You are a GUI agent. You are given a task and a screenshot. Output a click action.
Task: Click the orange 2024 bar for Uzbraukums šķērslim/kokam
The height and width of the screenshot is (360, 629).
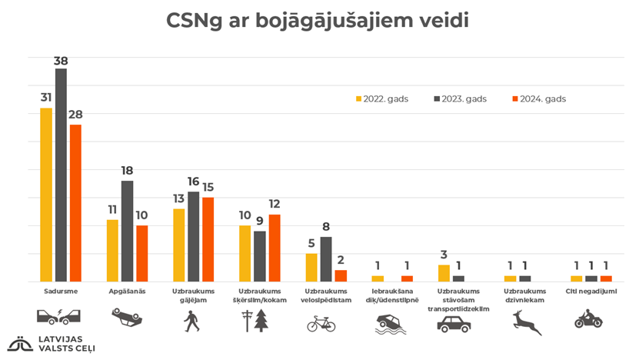point(275,248)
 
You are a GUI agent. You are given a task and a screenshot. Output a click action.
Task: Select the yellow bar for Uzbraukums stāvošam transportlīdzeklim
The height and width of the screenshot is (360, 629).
point(444,273)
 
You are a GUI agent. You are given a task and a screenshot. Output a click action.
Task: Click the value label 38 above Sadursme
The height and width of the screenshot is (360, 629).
point(61,58)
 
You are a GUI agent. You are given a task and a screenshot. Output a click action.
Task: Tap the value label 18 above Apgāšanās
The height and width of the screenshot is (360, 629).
point(127,171)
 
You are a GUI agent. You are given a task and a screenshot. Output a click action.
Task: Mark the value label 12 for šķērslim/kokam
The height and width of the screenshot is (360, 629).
point(275,204)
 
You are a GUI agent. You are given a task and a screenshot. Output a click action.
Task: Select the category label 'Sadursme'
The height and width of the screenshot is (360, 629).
point(59,292)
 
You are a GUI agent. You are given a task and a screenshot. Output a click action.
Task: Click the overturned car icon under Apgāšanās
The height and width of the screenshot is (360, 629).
point(126,318)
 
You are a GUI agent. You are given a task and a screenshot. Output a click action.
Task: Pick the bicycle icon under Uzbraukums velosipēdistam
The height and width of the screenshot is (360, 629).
point(321,324)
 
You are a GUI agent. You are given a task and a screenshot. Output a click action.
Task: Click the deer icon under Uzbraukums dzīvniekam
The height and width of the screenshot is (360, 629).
point(526,321)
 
